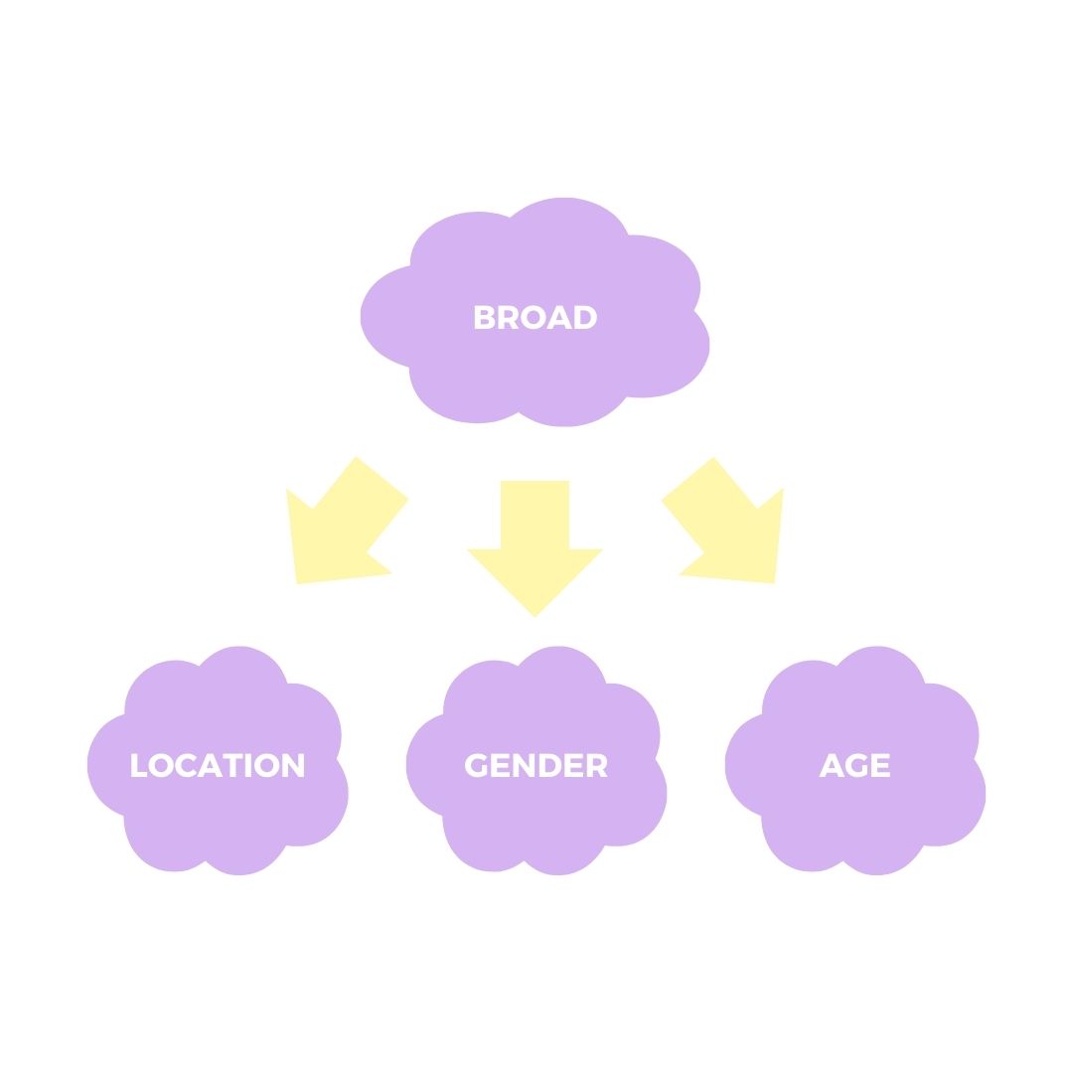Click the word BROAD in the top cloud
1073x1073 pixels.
535,318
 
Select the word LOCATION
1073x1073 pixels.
217,765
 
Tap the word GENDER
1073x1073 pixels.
536,765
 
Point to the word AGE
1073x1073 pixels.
854,765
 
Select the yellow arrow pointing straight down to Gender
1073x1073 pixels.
535,546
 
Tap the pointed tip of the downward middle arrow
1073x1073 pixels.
535,613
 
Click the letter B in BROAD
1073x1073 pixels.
484,318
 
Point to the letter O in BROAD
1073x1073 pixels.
534,318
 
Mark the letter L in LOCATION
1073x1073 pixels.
138,765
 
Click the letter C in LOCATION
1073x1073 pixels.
184,765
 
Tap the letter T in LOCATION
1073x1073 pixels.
231,765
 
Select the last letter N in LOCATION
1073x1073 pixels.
293,765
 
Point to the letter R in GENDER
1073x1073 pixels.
596,765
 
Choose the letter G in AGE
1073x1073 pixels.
855,765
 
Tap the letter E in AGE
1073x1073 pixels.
880,765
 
